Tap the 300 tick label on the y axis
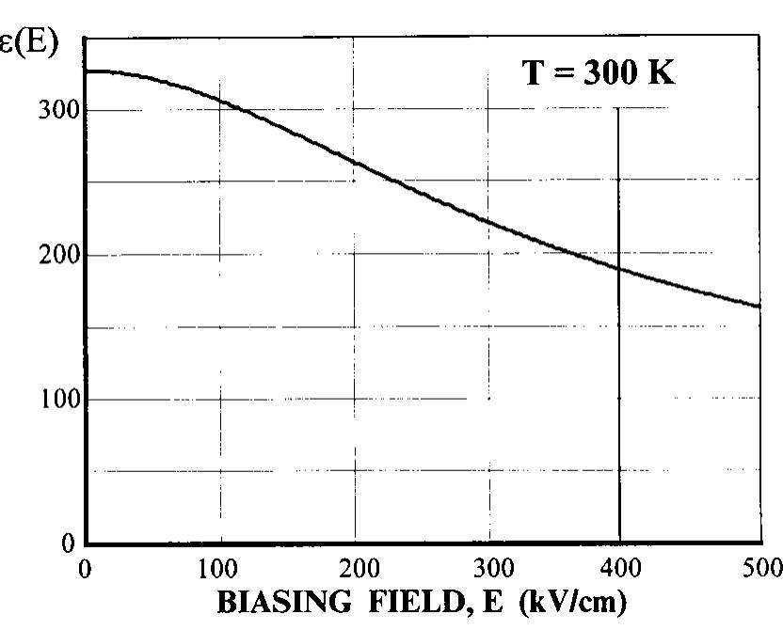56,110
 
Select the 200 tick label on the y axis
56,255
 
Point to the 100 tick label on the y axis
56,400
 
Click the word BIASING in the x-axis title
275,602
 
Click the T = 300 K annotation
599,72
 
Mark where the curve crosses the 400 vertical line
619,269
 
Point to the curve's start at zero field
87,71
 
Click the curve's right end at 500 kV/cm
759,306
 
